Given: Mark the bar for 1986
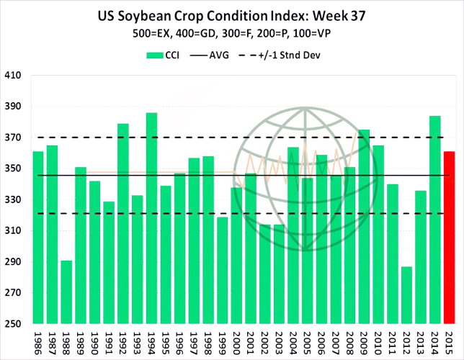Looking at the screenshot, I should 38,238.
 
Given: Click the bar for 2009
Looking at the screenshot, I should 364,227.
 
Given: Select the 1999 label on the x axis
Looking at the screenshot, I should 223,342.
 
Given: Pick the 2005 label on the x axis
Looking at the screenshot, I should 308,342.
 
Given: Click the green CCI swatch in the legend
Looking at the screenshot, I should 156,55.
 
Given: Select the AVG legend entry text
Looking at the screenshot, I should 219,55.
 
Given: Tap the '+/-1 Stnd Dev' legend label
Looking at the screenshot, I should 301,55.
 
